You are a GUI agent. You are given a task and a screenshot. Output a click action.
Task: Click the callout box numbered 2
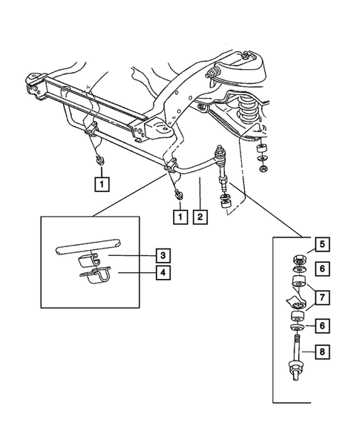click(200, 217)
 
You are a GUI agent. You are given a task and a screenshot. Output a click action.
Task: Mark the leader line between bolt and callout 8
click(309, 353)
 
